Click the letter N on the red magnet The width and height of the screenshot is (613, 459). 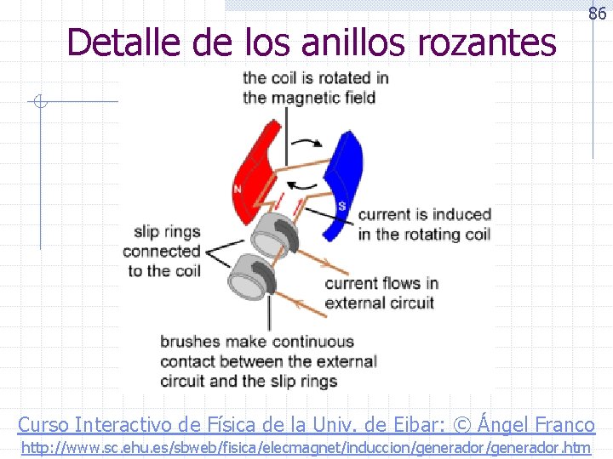(x=238, y=189)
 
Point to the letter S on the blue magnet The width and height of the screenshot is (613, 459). (x=341, y=207)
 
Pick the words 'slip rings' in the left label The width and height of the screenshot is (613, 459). (x=167, y=231)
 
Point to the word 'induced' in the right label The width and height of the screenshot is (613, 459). (x=461, y=214)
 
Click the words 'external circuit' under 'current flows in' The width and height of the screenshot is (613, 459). (x=380, y=303)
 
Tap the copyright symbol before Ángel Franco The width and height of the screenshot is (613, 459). (x=465, y=424)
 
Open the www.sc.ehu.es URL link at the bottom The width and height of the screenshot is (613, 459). (x=306, y=447)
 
